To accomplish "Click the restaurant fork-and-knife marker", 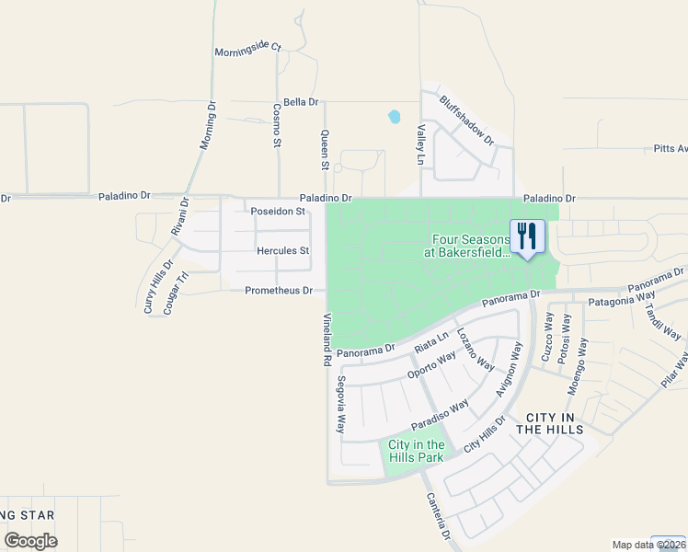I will pos(527,236).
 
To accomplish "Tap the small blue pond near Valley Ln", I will pos(395,117).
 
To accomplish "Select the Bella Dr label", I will pos(301,102).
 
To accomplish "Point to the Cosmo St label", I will pos(276,125).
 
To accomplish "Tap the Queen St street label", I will pos(324,149).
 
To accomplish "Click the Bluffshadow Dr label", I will pos(466,121).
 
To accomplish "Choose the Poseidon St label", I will pos(278,211).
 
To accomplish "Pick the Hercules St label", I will pos(283,250).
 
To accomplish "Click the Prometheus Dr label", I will pos(279,291).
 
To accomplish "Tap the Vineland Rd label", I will pos(327,339).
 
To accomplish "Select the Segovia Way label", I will pos(340,405).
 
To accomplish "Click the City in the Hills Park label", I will pos(415,451).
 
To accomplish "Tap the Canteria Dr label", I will pos(438,516).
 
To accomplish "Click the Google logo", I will pos(30,541).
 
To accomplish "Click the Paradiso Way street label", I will pos(441,413).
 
